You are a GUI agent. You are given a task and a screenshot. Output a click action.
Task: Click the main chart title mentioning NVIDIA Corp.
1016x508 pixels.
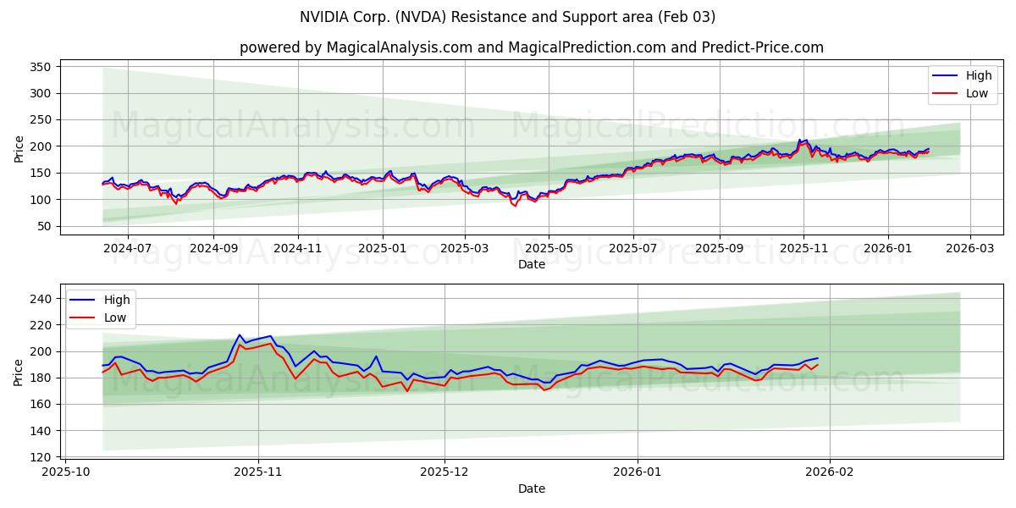click(x=507, y=17)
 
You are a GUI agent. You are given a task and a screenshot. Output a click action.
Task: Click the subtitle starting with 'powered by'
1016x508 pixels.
click(x=531, y=47)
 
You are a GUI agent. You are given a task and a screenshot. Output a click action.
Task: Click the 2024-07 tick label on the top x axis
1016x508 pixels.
click(x=128, y=249)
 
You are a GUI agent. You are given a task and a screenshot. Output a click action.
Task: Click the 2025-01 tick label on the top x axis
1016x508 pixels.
click(x=382, y=249)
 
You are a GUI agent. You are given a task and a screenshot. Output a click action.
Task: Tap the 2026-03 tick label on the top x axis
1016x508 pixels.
click(x=970, y=249)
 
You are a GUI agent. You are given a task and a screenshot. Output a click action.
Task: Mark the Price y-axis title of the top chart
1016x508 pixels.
click(x=19, y=148)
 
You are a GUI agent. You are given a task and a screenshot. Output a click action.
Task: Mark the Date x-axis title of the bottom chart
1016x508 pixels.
click(x=531, y=489)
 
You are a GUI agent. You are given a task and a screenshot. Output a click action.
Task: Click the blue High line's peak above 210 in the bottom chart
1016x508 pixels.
click(x=240, y=335)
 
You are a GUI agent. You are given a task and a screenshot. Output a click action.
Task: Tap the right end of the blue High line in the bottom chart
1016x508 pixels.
click(x=817, y=358)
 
